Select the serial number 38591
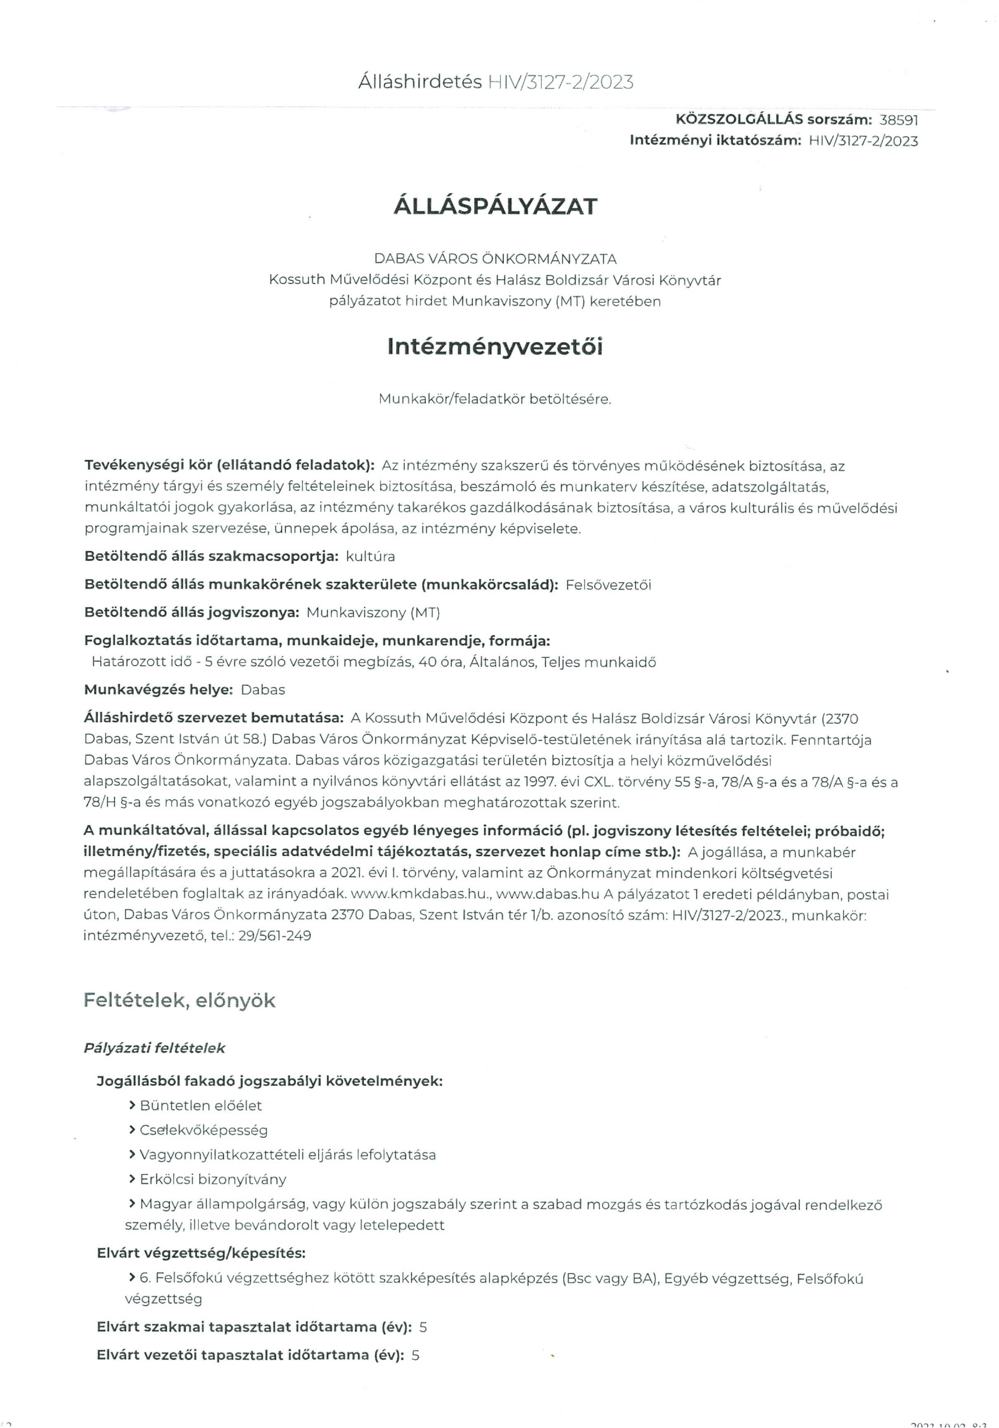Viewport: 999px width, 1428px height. (x=898, y=120)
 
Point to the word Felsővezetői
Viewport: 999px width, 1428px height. (x=608, y=585)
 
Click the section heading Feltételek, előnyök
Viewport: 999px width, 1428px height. (x=179, y=1000)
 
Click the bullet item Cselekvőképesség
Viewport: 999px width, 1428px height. (x=203, y=1130)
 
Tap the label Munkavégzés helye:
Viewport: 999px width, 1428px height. (x=158, y=690)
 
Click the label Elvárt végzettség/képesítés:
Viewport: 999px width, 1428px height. (x=201, y=1252)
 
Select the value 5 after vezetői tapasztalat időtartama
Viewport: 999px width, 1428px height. (x=415, y=1355)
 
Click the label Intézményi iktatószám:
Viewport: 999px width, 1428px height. (x=715, y=140)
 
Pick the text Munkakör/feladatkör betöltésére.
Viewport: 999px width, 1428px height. (x=495, y=399)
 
